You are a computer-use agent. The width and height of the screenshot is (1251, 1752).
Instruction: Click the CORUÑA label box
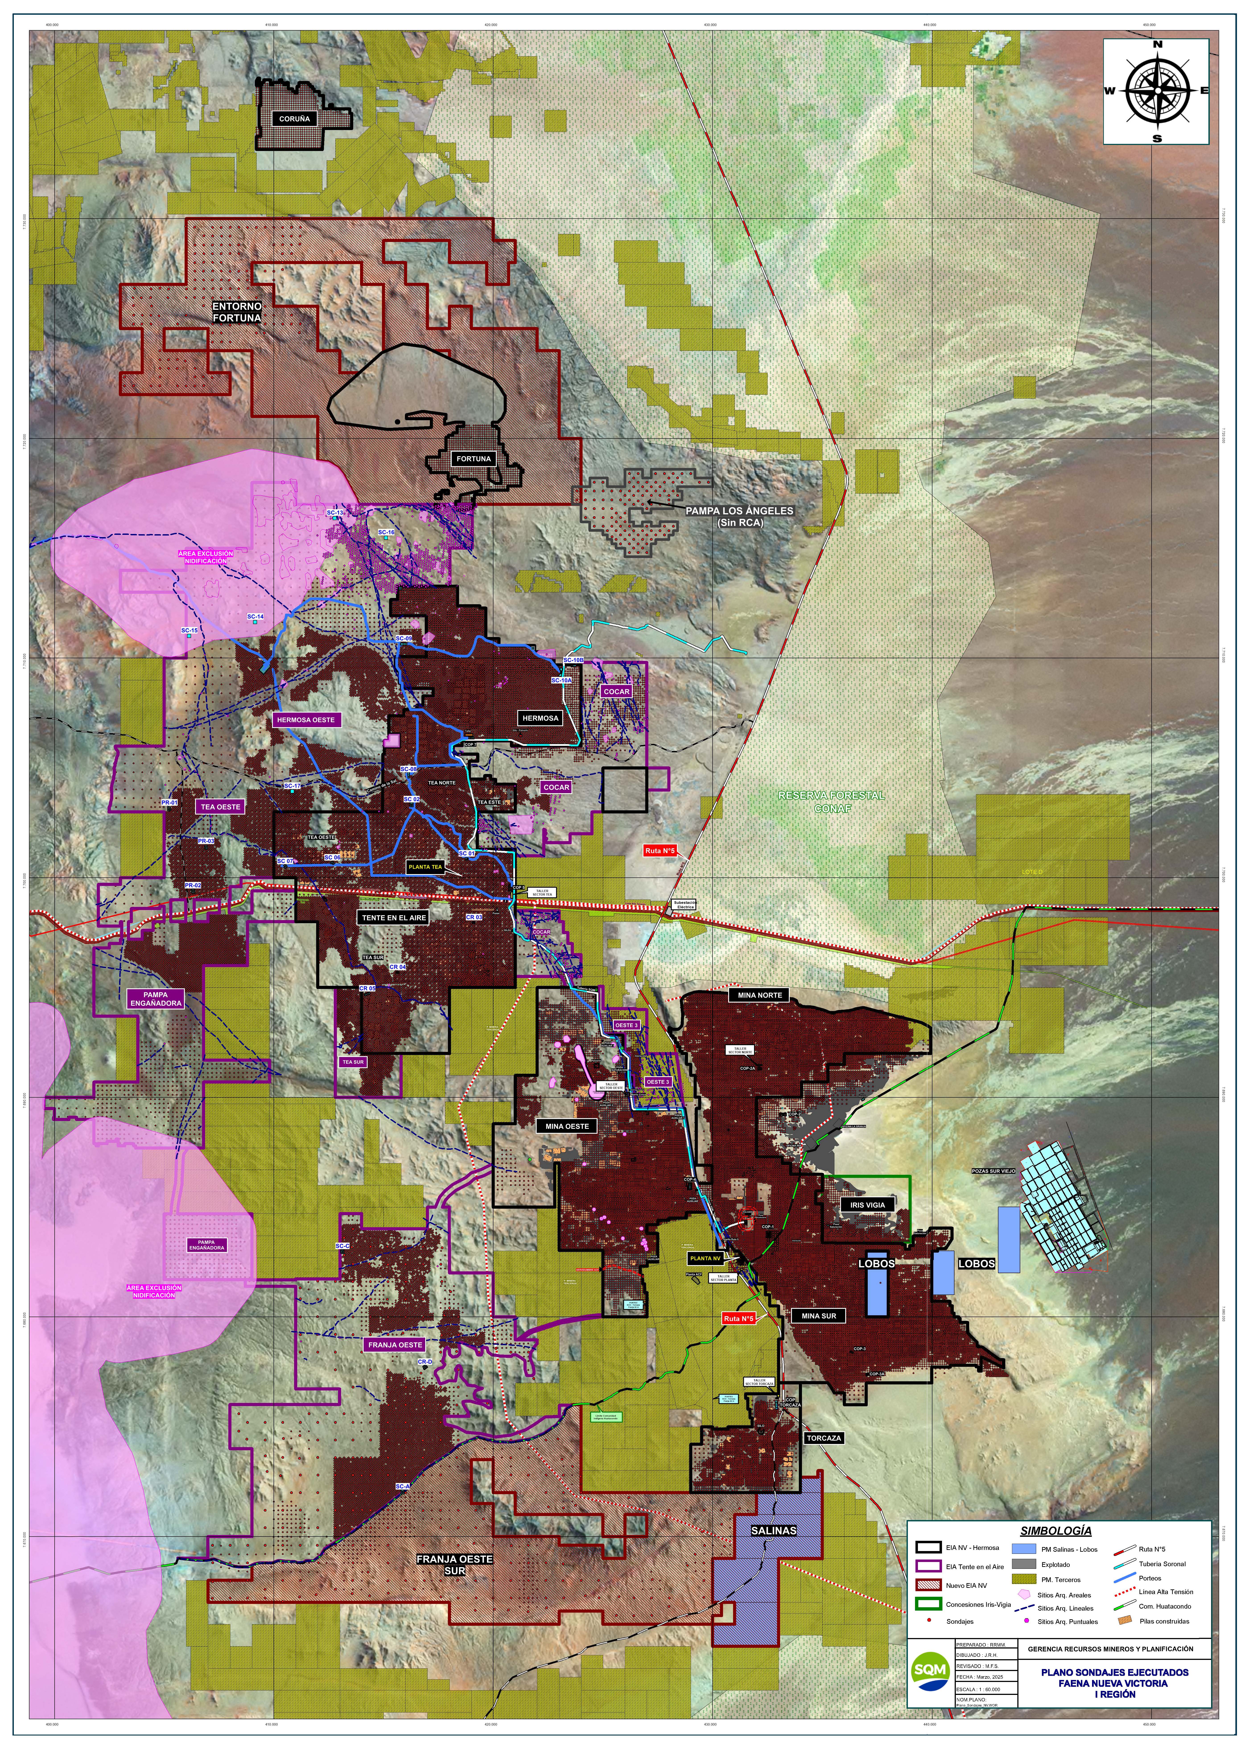pyautogui.click(x=294, y=119)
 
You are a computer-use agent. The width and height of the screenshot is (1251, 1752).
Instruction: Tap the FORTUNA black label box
pyautogui.click(x=473, y=458)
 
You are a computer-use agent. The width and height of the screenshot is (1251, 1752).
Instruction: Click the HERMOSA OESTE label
pyautogui.click(x=305, y=720)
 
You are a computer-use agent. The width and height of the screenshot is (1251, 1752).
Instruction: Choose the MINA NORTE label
pyautogui.click(x=760, y=995)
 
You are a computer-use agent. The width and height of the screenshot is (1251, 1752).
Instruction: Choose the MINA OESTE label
pyautogui.click(x=567, y=1126)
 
